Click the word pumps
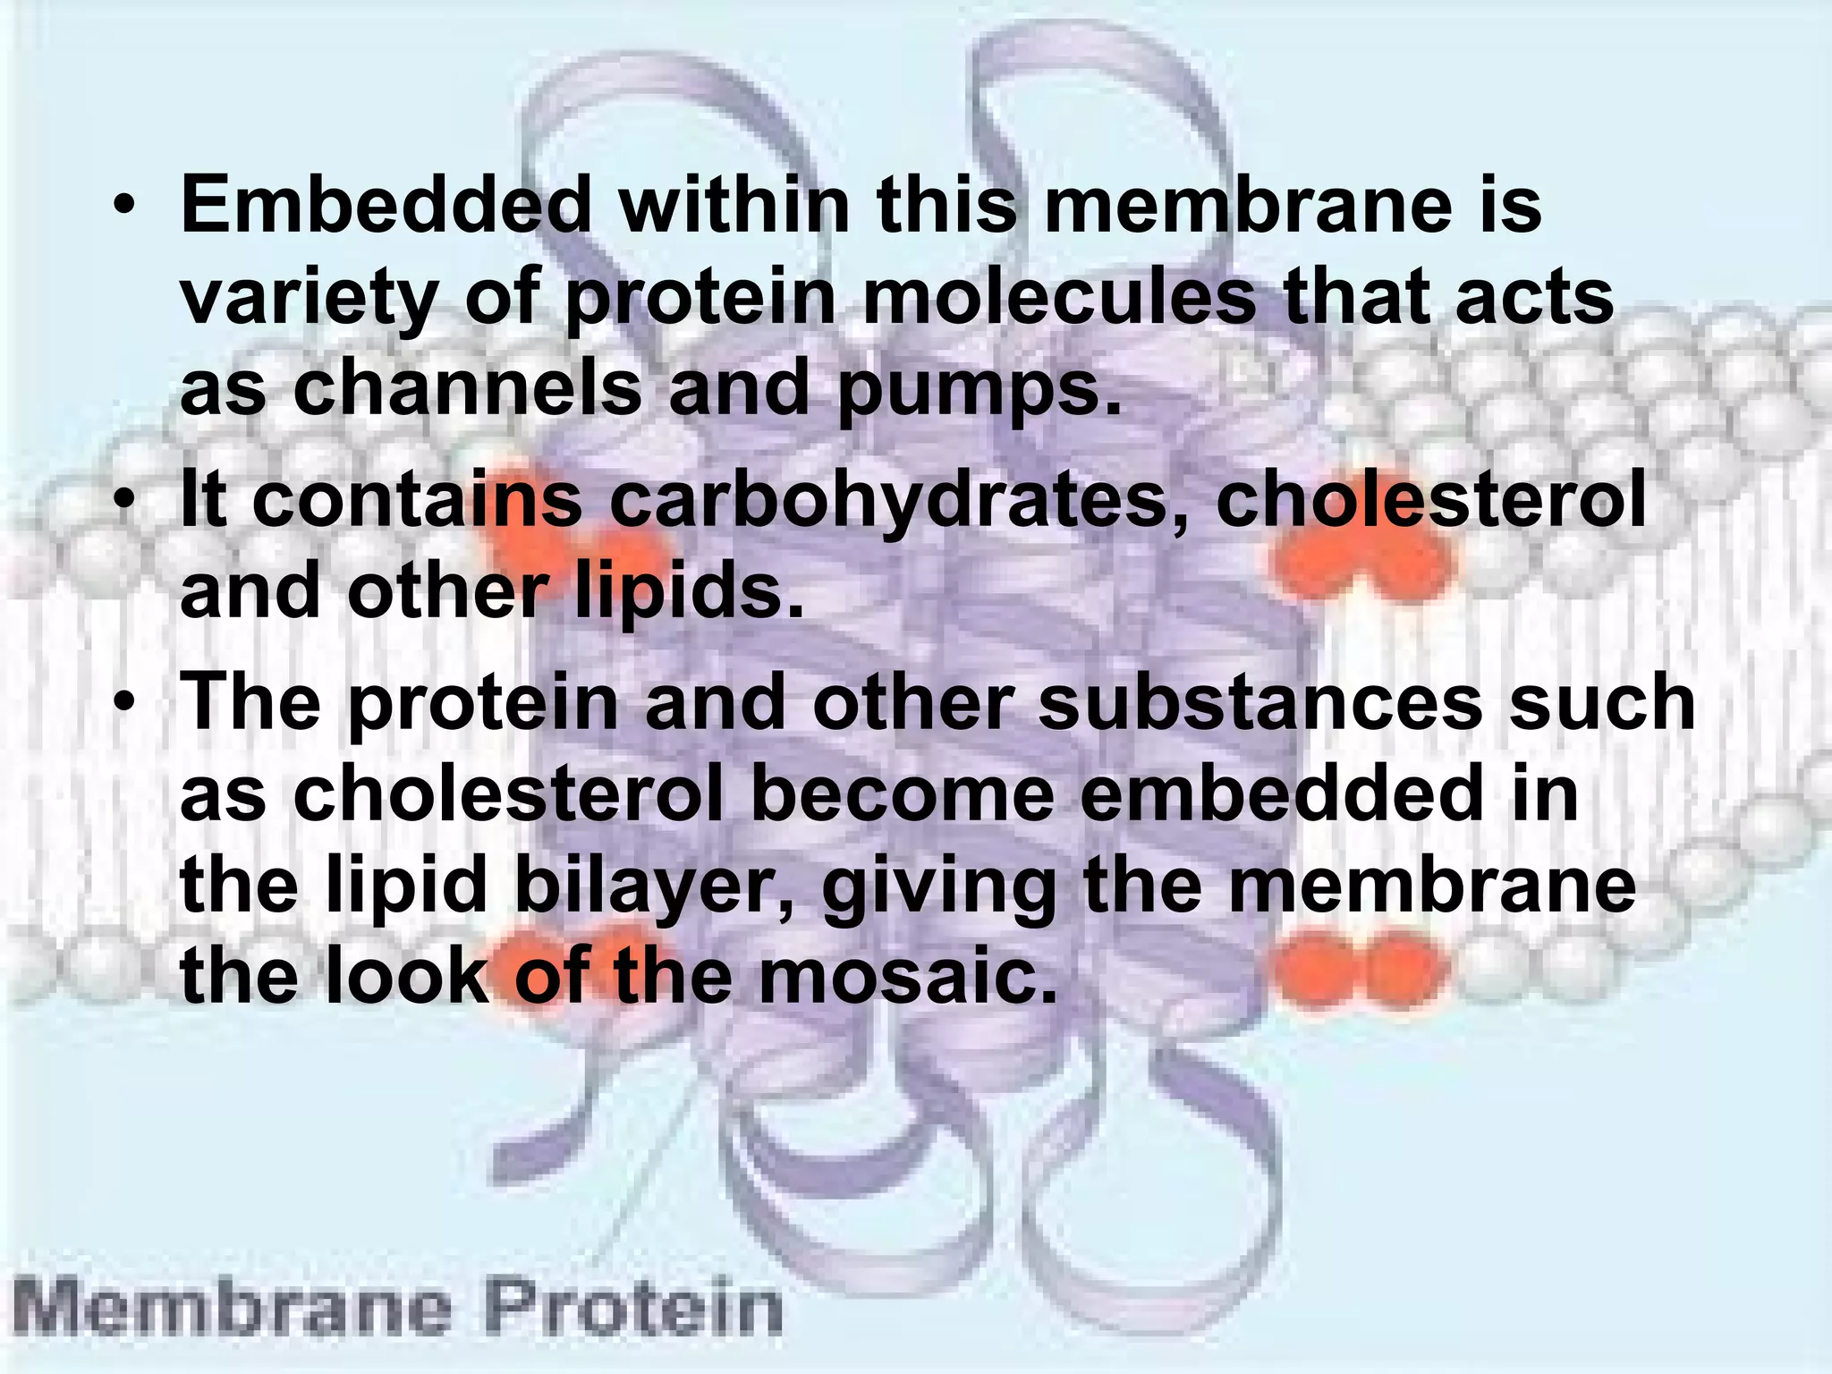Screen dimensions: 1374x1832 pyautogui.click(x=979, y=392)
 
